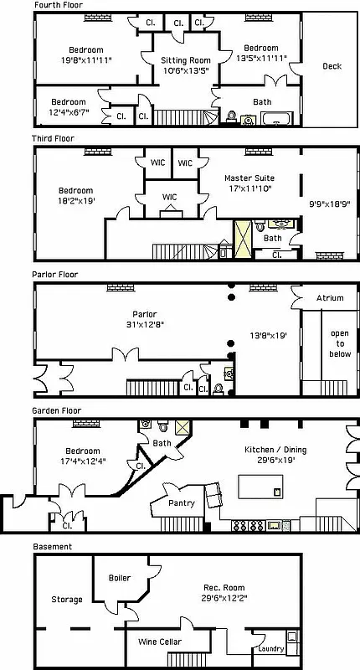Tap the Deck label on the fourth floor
pos(332,66)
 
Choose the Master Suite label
pos(249,178)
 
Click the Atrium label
pos(329,298)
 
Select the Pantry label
pos(182,503)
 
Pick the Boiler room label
pos(119,578)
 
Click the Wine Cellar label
pos(159,642)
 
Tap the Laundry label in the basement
pos(270,649)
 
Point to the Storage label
pos(66,600)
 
